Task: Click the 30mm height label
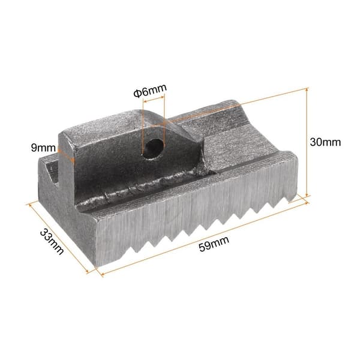coord(325,142)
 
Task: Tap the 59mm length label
coord(214,244)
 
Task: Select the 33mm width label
coord(52,242)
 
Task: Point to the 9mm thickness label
coord(43,148)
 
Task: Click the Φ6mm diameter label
coord(150,91)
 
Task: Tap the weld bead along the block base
coord(142,188)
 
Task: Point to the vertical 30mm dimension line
coord(307,142)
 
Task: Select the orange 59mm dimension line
coord(205,238)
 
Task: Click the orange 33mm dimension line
coord(58,238)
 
